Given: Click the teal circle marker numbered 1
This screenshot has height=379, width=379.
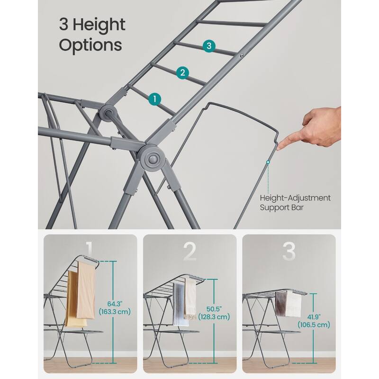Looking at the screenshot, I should pos(154,99).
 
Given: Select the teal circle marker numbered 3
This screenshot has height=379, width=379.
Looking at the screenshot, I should pos(209,46).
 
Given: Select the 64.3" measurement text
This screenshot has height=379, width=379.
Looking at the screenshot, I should pos(114,303).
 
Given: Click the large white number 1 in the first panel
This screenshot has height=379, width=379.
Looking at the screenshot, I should pos(90,252).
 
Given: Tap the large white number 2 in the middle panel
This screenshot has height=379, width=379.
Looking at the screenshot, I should pos(189,252).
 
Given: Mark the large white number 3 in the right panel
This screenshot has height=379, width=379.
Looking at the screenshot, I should pos(289,252).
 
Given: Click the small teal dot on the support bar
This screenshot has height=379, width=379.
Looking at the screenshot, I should pos(268,162).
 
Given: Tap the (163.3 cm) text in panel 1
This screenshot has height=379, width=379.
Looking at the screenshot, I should pos(114,312).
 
